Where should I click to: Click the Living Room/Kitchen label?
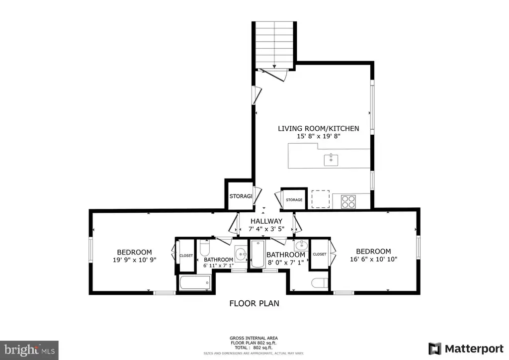coord(319,129)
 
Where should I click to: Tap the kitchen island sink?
coord(331,160)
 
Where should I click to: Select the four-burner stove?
coord(348,201)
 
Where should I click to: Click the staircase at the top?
coord(274,45)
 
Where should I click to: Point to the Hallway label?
coord(266,221)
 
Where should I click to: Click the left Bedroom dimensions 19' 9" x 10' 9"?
coord(134,260)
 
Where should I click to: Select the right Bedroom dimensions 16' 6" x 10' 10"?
coord(373,259)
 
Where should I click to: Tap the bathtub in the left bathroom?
coord(194,283)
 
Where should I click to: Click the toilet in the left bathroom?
coord(204,248)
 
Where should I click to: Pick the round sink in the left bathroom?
coord(241,253)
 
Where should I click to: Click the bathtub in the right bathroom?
coord(257,254)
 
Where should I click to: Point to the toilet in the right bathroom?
coord(320,283)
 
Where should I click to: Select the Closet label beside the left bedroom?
coord(186,256)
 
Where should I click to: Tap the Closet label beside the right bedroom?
coord(320,254)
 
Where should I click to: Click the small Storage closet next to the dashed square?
coord(294,199)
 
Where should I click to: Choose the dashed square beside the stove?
coord(321,199)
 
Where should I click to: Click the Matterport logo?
coord(466,349)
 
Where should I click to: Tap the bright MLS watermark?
coord(29,350)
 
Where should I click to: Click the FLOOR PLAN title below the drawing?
coord(254,303)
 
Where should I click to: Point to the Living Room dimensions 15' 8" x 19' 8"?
coord(319,136)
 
